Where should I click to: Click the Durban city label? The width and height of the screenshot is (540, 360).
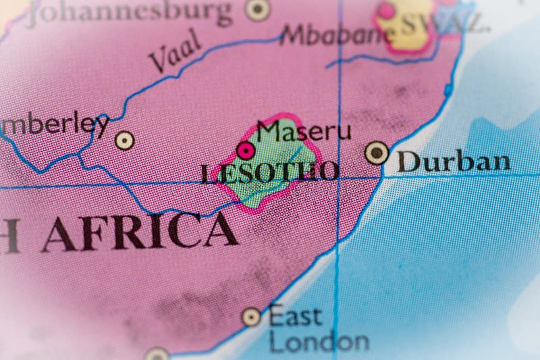453,161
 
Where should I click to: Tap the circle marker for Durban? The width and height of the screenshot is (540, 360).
377,153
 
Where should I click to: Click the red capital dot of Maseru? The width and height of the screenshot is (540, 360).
246,150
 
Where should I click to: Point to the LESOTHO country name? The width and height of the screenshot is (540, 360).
270,172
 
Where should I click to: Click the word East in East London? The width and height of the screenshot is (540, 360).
295,315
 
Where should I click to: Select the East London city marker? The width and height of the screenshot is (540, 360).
251,316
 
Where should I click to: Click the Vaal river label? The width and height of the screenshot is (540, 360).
175,51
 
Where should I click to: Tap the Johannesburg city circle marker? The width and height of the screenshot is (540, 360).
257,9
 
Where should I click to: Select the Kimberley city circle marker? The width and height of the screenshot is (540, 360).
124,140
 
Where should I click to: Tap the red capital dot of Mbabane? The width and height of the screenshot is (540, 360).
386,11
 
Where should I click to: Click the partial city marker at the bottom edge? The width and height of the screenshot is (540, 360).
157,355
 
